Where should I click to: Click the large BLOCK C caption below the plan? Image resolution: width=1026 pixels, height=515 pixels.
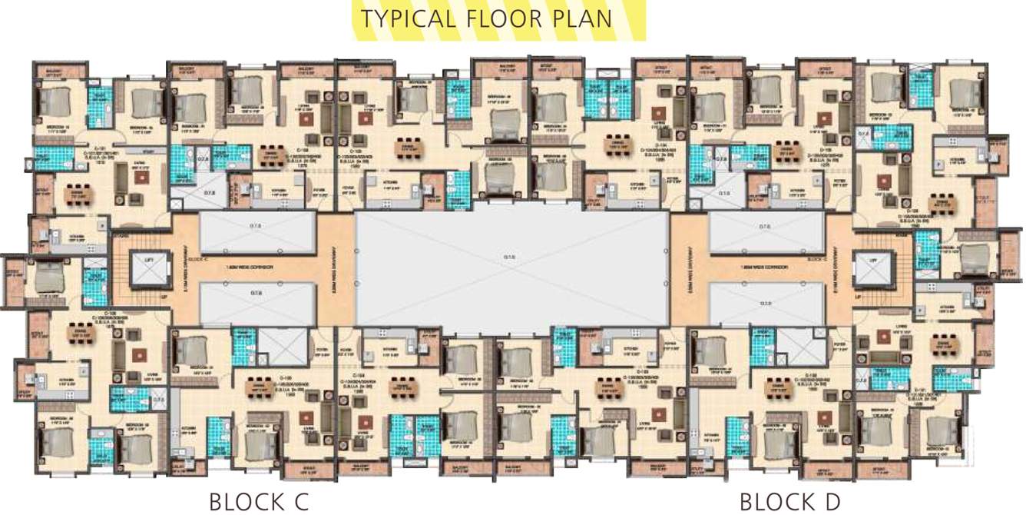click(x=259, y=502)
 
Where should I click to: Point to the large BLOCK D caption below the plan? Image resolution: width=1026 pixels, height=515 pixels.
click(x=789, y=502)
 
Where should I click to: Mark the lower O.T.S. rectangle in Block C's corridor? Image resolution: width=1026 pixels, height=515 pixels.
click(x=257, y=303)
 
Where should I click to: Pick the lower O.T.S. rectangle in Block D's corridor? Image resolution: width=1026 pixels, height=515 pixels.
click(x=765, y=303)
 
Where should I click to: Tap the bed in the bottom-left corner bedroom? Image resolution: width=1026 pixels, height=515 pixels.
click(x=58, y=444)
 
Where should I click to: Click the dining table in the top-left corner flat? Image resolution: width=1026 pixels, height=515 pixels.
click(x=75, y=195)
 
